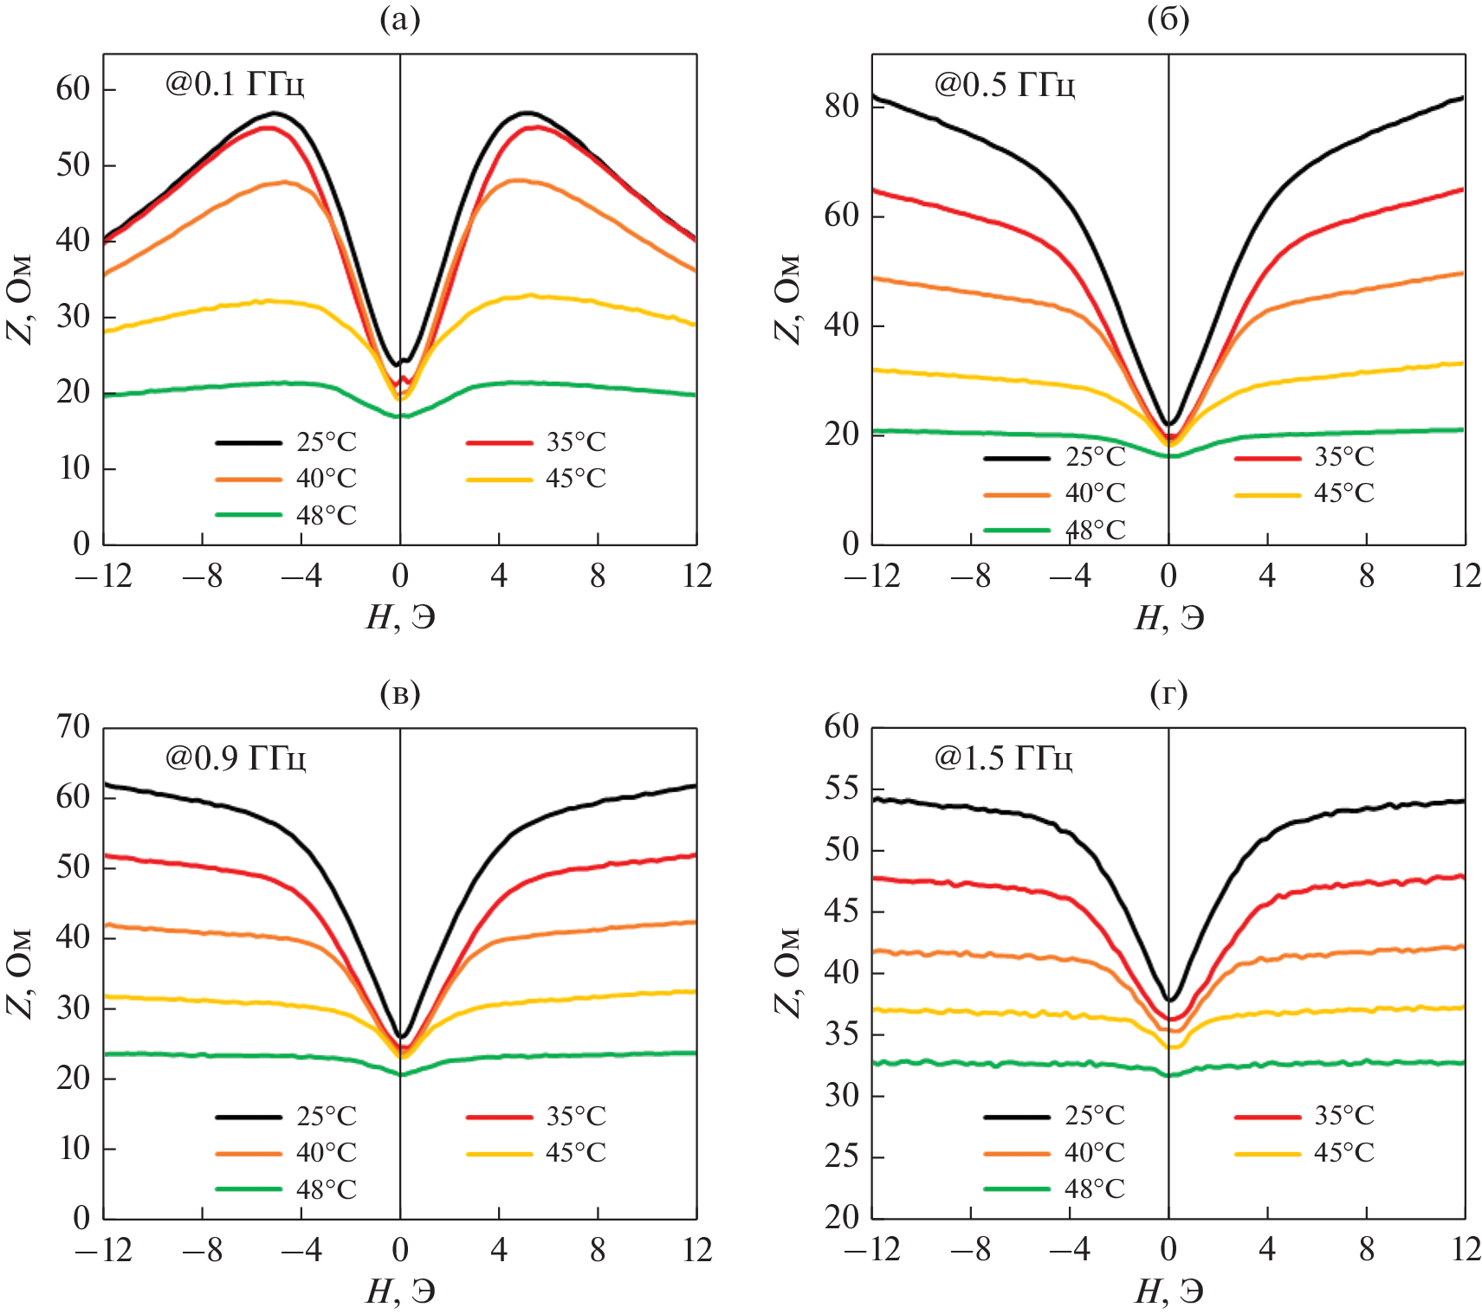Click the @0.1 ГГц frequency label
pyautogui.click(x=235, y=84)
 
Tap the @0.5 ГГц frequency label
pyautogui.click(x=1004, y=84)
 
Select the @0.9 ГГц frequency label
pyautogui.click(x=235, y=757)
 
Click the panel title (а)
pyautogui.click(x=399, y=19)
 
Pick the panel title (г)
pyautogui.click(x=1168, y=692)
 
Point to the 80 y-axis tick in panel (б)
pyautogui.click(x=841, y=106)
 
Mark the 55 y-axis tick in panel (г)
pyautogui.click(x=841, y=789)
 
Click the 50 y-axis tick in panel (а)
pyautogui.click(x=73, y=164)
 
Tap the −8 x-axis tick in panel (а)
pyautogui.click(x=202, y=576)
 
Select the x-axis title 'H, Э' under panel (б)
pyautogui.click(x=1168, y=617)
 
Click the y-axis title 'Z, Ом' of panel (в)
pyautogui.click(x=21, y=974)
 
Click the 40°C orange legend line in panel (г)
pyautogui.click(x=1017, y=1153)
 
